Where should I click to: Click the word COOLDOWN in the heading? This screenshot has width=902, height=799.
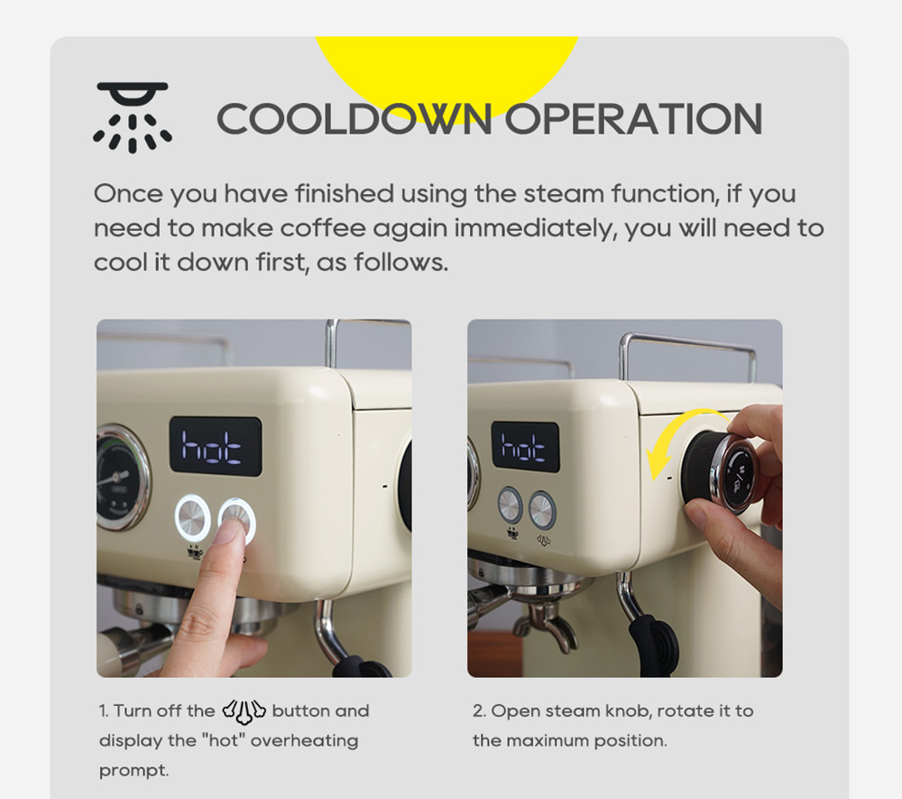pyautogui.click(x=354, y=119)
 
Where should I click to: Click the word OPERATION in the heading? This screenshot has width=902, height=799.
pyautogui.click(x=632, y=119)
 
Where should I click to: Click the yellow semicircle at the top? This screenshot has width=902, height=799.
pyautogui.click(x=446, y=63)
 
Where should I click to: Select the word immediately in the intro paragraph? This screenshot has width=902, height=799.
pyautogui.click(x=535, y=228)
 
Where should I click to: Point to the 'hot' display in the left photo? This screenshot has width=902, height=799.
pyautogui.click(x=215, y=446)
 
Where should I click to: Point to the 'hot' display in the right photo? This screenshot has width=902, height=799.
pyautogui.click(x=524, y=446)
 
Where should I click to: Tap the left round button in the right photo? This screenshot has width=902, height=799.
pyautogui.click(x=511, y=506)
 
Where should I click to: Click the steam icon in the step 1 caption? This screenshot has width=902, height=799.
pyautogui.click(x=244, y=711)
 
